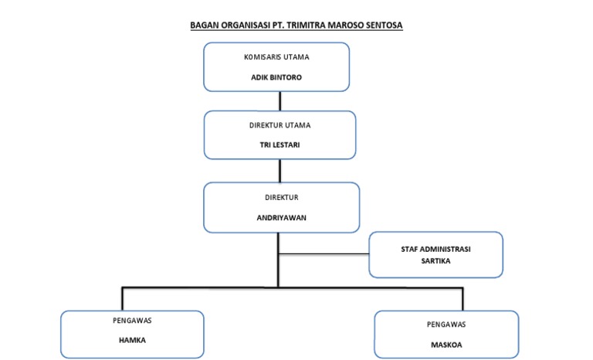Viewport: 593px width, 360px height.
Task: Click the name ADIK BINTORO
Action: click(276, 78)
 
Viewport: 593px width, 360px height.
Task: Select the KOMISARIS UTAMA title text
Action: click(276, 57)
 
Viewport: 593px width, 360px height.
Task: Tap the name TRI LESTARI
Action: click(280, 144)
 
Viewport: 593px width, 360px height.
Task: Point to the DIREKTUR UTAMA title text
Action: click(280, 124)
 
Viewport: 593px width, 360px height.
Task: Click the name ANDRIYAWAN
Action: click(281, 218)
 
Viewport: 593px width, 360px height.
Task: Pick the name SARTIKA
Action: click(435, 261)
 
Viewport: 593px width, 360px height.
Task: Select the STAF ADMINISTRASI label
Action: click(435, 249)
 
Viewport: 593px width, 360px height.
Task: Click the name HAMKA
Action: click(132, 340)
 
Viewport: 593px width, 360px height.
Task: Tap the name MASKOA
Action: click(446, 344)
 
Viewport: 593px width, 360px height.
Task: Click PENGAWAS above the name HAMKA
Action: click(132, 319)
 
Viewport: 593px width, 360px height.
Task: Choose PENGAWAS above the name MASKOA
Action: click(446, 324)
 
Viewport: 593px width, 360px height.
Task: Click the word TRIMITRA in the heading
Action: click(309, 25)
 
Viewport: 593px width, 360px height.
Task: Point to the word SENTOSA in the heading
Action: click(384, 25)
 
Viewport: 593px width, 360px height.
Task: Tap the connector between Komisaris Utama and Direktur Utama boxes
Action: click(280, 100)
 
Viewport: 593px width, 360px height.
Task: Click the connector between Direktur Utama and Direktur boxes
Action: click(280, 171)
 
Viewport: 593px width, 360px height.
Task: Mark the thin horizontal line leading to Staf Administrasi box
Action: click(324, 253)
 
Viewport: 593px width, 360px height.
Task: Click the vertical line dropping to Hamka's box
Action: click(122, 298)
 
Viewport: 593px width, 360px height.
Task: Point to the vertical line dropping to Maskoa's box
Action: click(463, 299)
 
